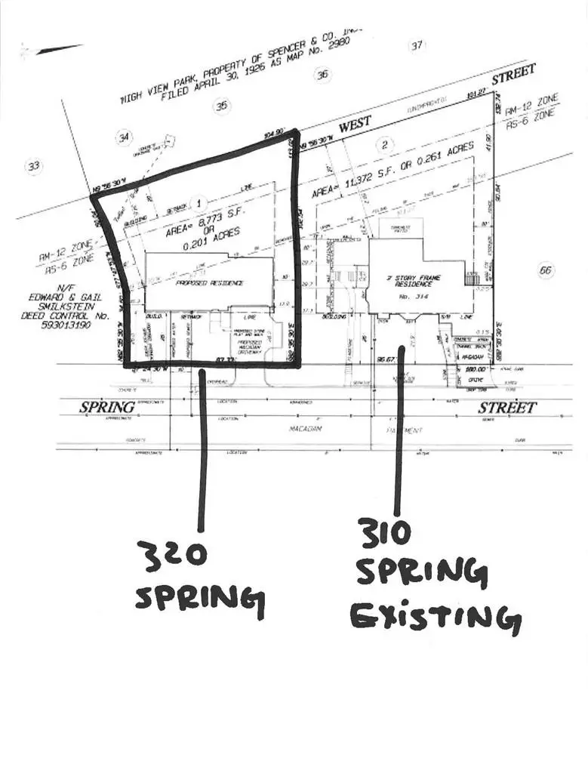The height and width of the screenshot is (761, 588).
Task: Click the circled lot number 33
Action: [33, 166]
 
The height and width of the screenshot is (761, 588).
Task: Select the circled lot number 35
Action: [221, 106]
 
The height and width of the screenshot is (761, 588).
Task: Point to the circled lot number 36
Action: [323, 74]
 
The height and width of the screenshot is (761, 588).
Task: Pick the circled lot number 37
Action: [417, 45]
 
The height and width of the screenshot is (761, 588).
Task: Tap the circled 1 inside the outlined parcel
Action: [199, 202]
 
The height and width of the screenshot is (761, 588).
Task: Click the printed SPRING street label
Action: [107, 408]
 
